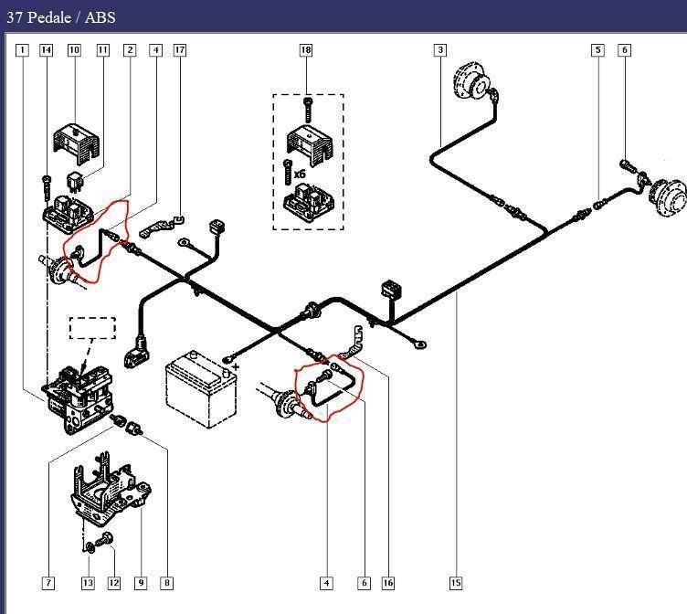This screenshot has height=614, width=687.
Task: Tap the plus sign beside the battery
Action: coord(236,366)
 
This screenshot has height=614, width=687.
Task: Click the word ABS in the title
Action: coord(101,16)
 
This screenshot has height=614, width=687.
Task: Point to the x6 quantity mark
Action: coord(299,173)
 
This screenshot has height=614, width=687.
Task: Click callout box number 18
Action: coord(306,49)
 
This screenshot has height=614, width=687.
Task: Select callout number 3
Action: coord(440,49)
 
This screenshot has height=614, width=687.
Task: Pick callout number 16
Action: coord(388,582)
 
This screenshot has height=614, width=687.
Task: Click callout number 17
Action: coord(180,49)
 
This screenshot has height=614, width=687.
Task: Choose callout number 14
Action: coord(47,49)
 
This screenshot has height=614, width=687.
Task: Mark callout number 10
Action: coord(74,49)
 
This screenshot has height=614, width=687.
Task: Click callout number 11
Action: coord(102,49)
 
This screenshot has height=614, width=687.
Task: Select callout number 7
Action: coord(48,582)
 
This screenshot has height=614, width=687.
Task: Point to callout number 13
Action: coord(88,582)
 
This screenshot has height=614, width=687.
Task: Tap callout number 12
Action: coord(114,582)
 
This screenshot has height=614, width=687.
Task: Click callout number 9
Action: coord(141,582)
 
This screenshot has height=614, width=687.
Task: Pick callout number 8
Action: coord(167,582)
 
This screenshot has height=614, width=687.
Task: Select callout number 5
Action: coord(598,49)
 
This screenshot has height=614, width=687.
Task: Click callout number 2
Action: coord(130,49)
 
